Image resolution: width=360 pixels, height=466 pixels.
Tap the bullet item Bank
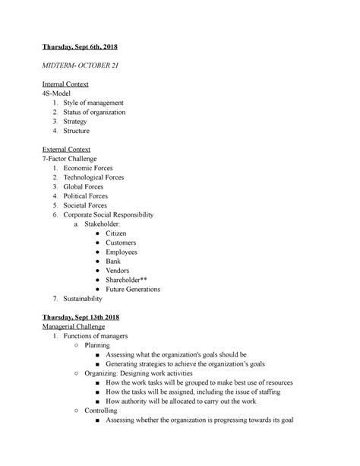[x=114, y=262]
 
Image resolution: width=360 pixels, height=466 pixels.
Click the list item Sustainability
[x=87, y=299]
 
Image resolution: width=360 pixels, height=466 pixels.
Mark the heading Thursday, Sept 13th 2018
[x=82, y=317]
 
